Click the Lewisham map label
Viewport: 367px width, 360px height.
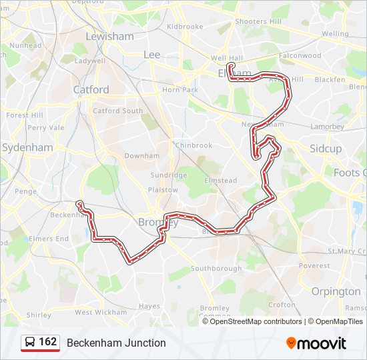pyautogui.click(x=109, y=36)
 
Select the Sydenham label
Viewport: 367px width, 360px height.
pyautogui.click(x=28, y=147)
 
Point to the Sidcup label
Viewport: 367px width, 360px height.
pyautogui.click(x=325, y=148)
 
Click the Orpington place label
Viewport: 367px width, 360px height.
pyautogui.click(x=336, y=291)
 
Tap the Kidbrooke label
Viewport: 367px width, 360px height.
pyautogui.click(x=185, y=27)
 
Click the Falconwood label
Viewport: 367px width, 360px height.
pyautogui.click(x=301, y=56)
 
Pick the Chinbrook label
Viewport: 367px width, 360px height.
pyautogui.click(x=194, y=145)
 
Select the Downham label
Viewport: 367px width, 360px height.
pyautogui.click(x=142, y=156)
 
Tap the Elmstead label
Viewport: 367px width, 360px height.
pyautogui.click(x=221, y=180)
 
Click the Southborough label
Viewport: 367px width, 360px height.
pyautogui.click(x=216, y=269)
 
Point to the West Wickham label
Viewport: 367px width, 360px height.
pyautogui.click(x=101, y=312)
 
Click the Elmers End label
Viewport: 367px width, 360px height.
pyautogui.click(x=48, y=239)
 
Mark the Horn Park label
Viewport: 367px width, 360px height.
pyautogui.click(x=180, y=90)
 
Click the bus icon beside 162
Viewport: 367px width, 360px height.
pyautogui.click(x=30, y=343)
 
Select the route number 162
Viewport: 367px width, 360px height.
pyautogui.click(x=47, y=342)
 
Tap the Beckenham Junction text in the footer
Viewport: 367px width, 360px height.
pyautogui.click(x=116, y=343)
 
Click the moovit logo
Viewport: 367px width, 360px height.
pyautogui.click(x=316, y=343)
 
